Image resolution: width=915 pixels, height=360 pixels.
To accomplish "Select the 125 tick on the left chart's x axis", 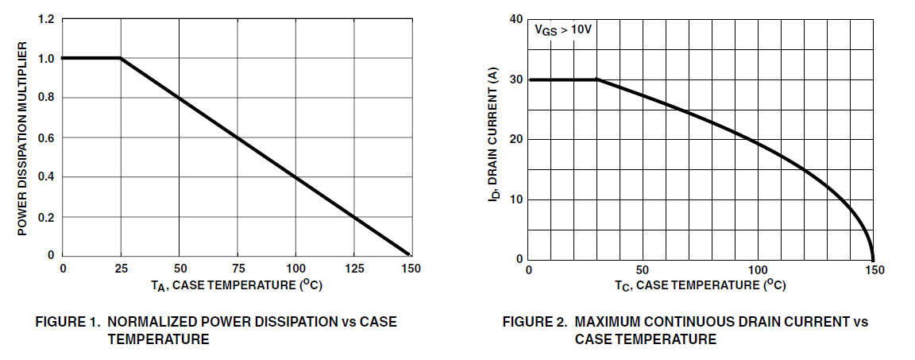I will click(353, 269).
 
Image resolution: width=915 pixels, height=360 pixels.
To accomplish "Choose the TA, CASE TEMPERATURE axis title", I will click(237, 285).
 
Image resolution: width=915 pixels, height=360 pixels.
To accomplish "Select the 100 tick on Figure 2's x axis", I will click(759, 270).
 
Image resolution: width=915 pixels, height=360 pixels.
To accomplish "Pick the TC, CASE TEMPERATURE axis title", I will click(701, 285).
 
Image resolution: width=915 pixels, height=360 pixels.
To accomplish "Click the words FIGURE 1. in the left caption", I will click(68, 323).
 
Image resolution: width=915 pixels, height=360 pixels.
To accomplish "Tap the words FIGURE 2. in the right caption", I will click(535, 323).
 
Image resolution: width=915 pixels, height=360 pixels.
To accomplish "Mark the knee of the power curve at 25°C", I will click(120, 58).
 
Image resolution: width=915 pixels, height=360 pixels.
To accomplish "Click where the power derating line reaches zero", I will click(411, 255).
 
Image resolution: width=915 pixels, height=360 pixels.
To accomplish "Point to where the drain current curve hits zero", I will click(874, 259).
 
